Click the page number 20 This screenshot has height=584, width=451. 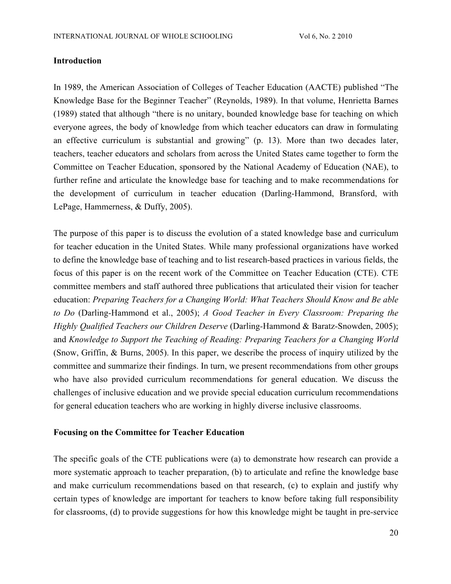pos(394,533)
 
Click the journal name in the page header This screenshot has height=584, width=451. pos(143,36)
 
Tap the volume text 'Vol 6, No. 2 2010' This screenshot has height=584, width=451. pos(325,36)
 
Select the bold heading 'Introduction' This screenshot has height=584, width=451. pos(77,61)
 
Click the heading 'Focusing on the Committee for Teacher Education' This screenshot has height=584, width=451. pos(149,432)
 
